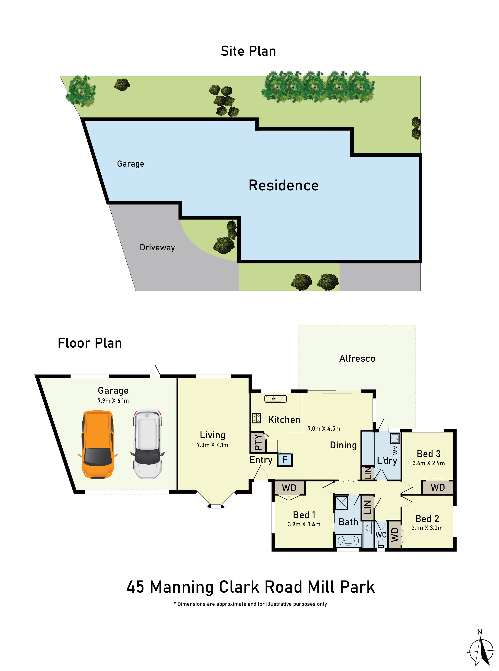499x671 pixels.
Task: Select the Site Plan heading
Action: (x=248, y=51)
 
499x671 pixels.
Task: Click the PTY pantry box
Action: (x=258, y=442)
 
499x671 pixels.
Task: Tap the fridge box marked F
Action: (x=285, y=460)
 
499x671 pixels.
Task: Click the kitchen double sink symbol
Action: (x=275, y=399)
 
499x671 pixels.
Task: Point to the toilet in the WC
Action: (x=381, y=543)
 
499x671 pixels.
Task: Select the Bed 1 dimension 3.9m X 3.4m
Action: (x=304, y=524)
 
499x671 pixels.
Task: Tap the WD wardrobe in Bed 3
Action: (x=437, y=487)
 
